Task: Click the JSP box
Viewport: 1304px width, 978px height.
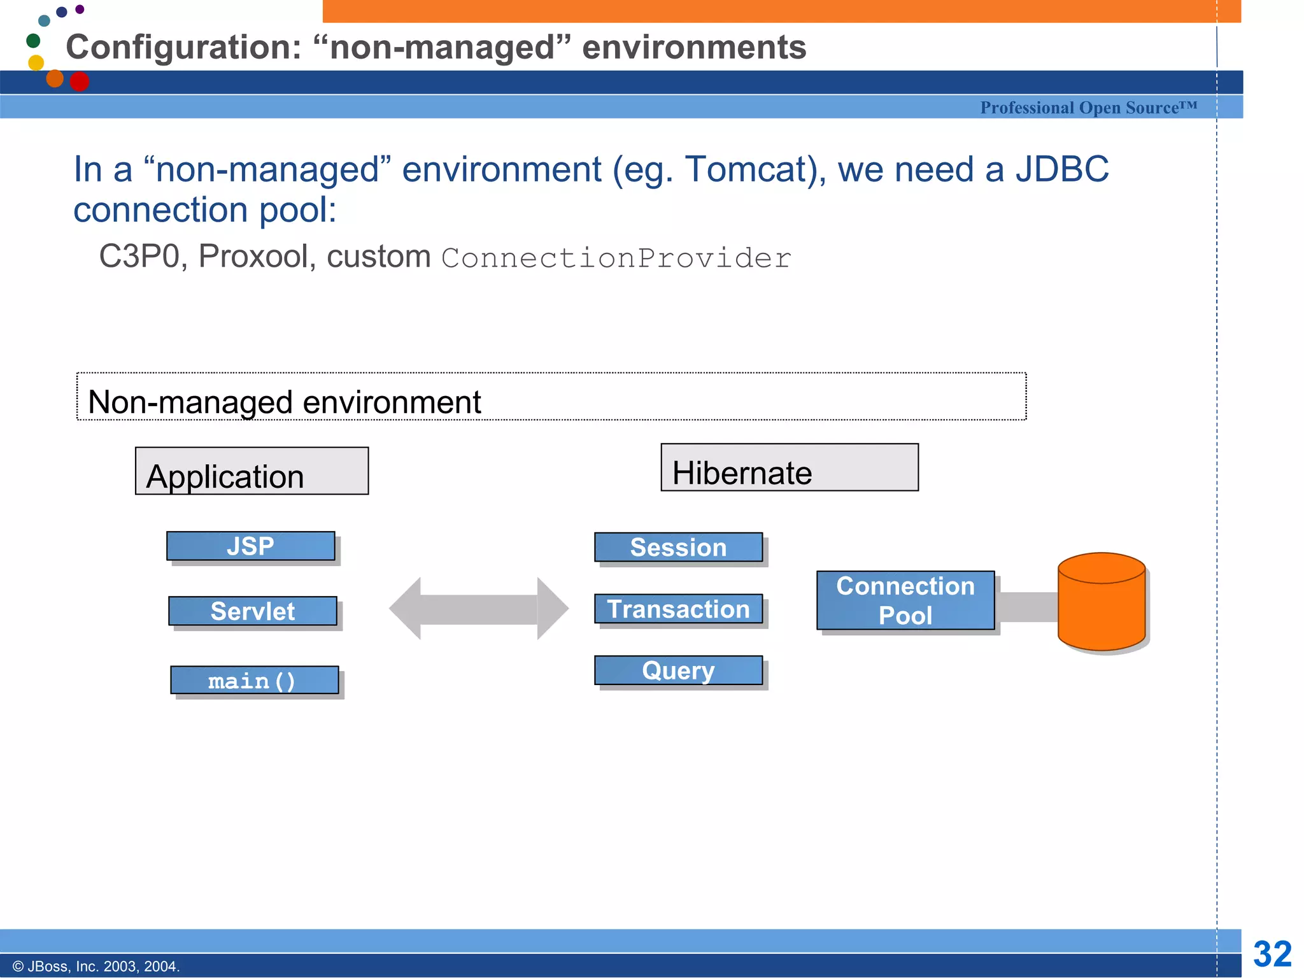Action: tap(250, 546)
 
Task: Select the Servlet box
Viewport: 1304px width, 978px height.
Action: tap(252, 611)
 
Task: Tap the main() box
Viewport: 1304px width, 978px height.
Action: tap(254, 681)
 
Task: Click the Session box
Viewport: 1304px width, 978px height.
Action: tap(678, 548)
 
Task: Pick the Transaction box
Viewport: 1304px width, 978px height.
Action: tap(678, 609)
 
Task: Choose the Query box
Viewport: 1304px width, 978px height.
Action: tap(678, 670)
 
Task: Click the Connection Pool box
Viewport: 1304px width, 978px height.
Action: tap(905, 600)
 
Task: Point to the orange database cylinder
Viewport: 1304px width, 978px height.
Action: tap(1102, 602)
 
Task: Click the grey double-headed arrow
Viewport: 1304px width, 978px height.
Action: tap(478, 609)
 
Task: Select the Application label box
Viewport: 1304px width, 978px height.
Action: tap(252, 471)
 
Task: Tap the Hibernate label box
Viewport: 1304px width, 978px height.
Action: tap(789, 468)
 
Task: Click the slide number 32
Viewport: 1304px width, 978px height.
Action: tap(1272, 954)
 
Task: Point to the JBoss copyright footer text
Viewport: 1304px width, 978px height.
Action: tap(96, 967)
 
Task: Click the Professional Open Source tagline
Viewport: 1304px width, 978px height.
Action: tap(1088, 108)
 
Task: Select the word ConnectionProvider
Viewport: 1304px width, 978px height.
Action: tap(616, 259)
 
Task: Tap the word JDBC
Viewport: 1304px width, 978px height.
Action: tap(1061, 169)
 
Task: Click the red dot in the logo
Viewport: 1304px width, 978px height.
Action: tap(80, 81)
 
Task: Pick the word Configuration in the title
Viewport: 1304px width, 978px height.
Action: tap(183, 48)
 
